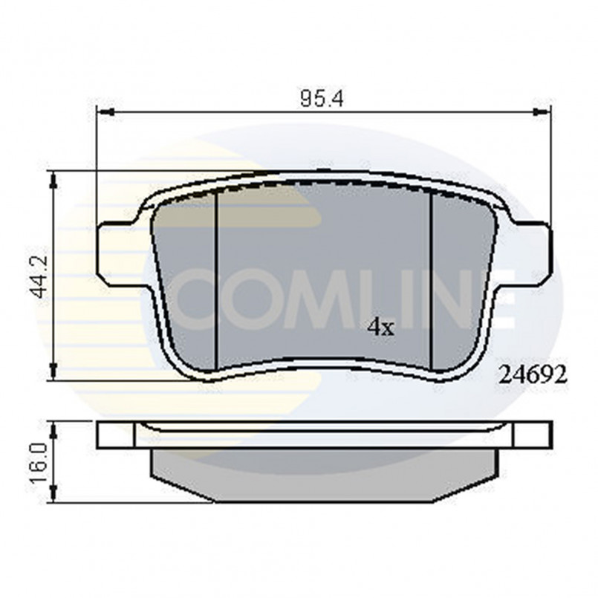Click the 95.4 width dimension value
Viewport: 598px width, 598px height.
click(320, 99)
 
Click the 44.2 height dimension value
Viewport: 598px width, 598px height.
click(39, 276)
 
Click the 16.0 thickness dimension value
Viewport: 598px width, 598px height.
click(39, 462)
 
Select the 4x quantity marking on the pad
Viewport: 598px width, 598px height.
click(381, 327)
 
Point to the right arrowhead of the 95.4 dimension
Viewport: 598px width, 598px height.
click(545, 112)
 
